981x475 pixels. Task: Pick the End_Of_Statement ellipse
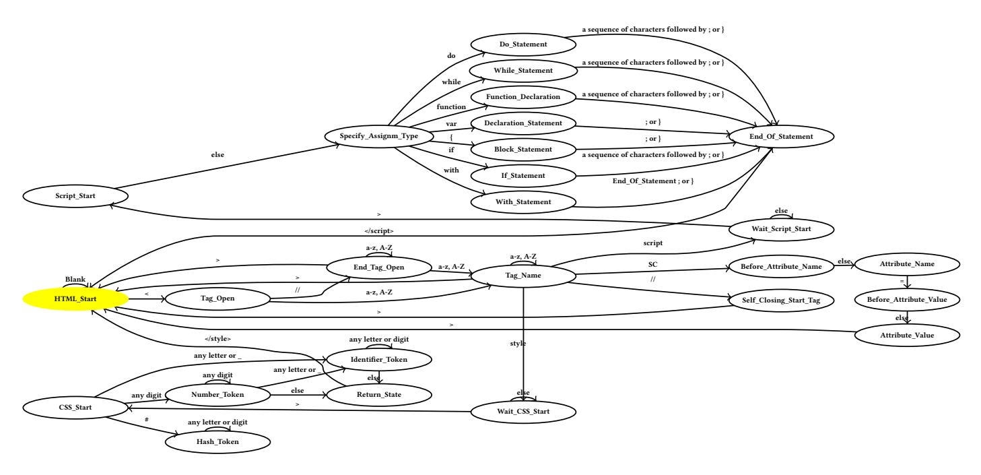(x=781, y=137)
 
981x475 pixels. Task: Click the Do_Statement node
(x=522, y=44)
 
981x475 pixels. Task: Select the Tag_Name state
(x=523, y=275)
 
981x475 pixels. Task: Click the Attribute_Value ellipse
(x=906, y=334)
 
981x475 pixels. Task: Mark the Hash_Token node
(x=218, y=441)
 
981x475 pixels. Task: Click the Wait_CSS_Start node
(x=523, y=410)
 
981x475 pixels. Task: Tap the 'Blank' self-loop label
(x=74, y=278)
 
